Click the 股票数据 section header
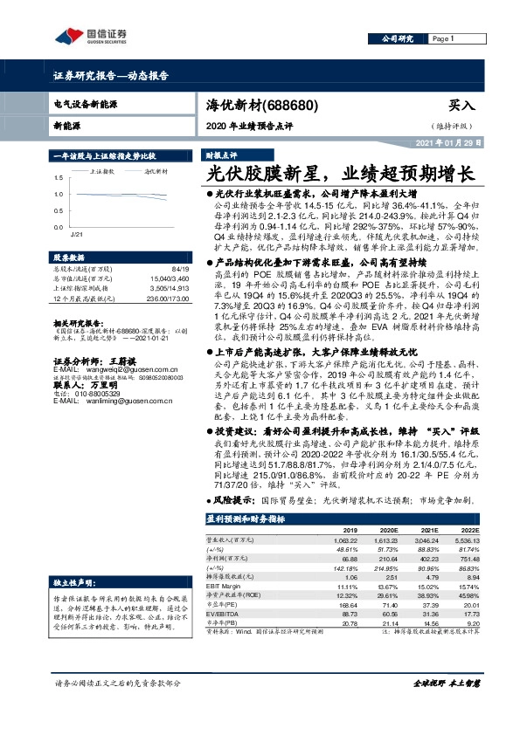(x=70, y=258)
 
